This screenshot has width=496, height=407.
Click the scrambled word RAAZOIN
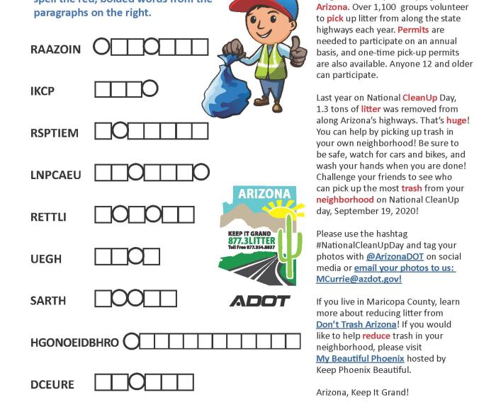pos(55,49)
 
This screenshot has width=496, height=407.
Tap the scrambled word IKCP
pos(43,91)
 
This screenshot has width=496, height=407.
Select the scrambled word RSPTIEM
pos(55,132)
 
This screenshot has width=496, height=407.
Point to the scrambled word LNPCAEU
pos(55,175)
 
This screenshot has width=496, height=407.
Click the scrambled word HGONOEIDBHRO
pos(74,343)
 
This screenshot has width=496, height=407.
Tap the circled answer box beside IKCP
pos(150,89)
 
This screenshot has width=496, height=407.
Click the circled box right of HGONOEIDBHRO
pos(131,342)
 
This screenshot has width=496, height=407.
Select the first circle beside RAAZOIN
pos(102,47)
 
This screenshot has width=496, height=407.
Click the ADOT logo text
pos(260,302)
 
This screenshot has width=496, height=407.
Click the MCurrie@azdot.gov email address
pos(359,279)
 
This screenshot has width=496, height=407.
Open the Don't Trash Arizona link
pos(356,324)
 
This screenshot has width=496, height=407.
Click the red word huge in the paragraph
pos(456,120)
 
